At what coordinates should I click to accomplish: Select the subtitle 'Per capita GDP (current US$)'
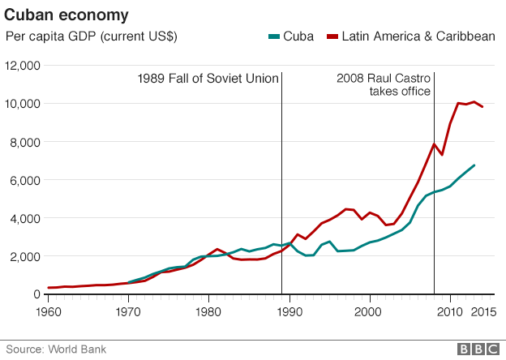click(x=92, y=36)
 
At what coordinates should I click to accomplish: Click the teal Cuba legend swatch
click(x=273, y=36)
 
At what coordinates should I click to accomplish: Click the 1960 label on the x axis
click(x=48, y=311)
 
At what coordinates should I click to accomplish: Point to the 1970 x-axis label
click(x=127, y=311)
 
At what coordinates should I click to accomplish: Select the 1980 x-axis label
click(x=208, y=311)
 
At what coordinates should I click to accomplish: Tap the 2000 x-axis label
click(x=369, y=311)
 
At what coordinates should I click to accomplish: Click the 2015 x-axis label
click(x=484, y=311)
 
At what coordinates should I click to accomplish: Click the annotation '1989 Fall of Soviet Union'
click(x=208, y=79)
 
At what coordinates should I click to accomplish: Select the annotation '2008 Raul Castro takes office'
click(x=383, y=85)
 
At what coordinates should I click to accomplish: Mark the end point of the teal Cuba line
click(x=474, y=165)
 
